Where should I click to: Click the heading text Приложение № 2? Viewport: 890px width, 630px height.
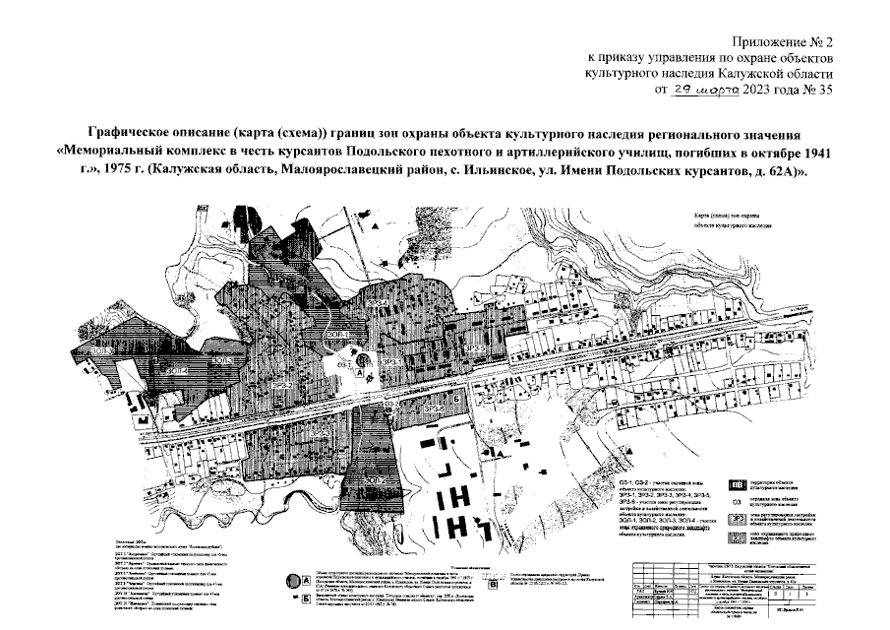(x=783, y=41)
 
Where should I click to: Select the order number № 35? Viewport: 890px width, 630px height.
(x=817, y=89)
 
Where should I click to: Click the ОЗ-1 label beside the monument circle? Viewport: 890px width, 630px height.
(x=344, y=362)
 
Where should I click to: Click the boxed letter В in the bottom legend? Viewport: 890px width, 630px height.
(x=292, y=598)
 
